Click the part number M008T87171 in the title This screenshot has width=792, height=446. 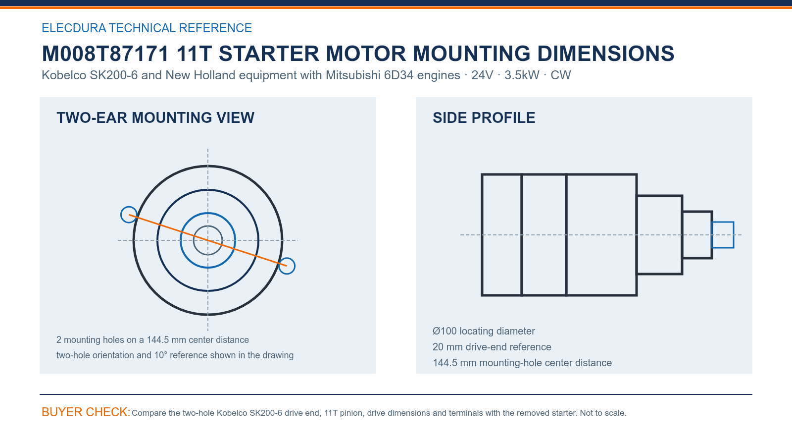(x=105, y=54)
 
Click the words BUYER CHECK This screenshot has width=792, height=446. (x=86, y=412)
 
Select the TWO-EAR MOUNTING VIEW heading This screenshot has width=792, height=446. (x=155, y=117)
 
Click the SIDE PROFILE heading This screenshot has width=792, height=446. (x=484, y=117)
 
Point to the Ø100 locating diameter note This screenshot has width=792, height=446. (x=484, y=331)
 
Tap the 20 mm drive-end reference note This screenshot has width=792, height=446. (x=492, y=347)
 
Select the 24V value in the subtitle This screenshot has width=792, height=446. (x=482, y=75)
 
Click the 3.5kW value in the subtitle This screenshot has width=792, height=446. (x=522, y=75)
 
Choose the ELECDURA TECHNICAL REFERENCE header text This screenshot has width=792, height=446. (x=147, y=28)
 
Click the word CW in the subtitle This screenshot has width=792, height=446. (x=561, y=75)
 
